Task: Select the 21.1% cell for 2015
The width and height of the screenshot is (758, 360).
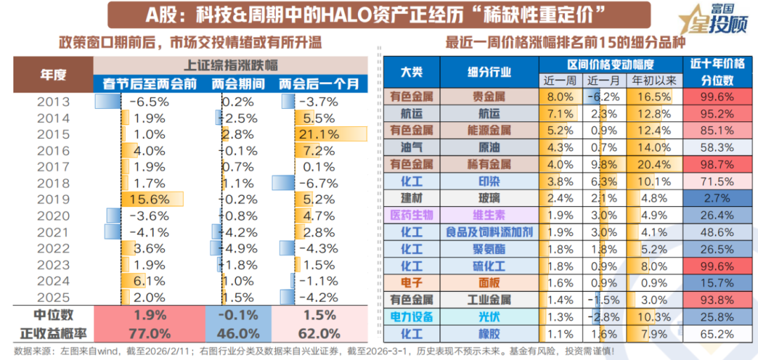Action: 320,134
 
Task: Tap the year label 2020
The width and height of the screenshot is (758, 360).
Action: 53,215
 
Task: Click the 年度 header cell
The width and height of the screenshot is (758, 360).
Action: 53,75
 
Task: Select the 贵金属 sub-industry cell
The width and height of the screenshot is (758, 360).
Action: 489,97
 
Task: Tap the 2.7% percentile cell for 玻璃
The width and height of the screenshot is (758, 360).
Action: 712,198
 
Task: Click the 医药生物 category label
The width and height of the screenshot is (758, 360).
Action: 411,215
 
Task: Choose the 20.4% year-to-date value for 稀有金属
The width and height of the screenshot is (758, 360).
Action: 655,164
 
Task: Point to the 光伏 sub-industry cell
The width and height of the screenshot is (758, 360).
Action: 489,316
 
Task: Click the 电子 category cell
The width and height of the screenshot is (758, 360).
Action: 411,283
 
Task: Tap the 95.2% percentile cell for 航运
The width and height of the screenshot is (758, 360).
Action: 712,114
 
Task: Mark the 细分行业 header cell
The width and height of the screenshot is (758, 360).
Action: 489,72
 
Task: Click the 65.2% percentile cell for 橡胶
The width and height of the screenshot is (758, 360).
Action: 712,333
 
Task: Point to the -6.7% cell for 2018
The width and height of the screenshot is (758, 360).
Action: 320,183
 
